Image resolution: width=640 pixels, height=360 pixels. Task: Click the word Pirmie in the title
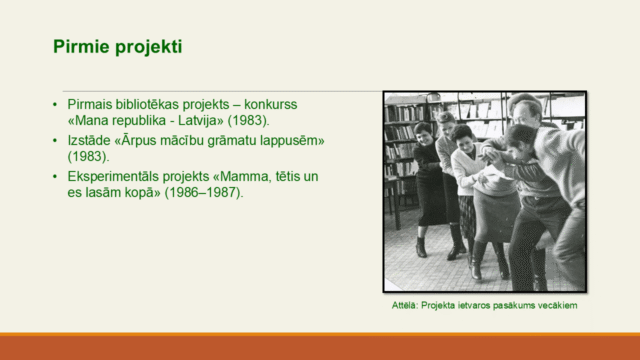point(77,47)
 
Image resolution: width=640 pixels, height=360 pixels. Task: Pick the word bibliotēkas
point(153,104)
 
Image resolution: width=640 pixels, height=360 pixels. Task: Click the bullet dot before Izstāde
point(55,140)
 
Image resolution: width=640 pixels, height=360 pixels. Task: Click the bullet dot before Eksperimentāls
point(55,176)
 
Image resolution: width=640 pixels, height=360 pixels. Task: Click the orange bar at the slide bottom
point(320,346)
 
